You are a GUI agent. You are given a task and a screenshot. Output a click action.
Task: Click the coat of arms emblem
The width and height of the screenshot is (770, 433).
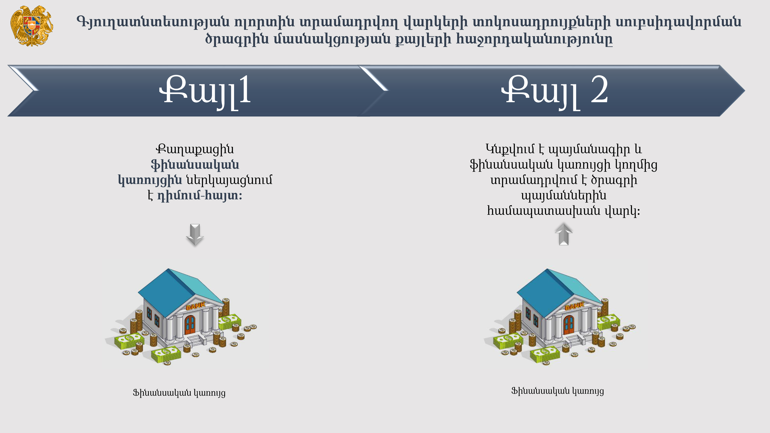coord(32,26)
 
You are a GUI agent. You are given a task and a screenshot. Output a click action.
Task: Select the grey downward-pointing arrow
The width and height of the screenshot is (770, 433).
coord(195,235)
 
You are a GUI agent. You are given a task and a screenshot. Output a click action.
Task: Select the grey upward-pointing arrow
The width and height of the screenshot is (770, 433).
coord(564,234)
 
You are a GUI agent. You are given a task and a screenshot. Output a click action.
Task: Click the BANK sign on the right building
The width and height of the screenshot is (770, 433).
coord(574,306)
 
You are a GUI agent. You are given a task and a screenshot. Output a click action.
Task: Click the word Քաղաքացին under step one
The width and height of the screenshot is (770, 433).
coord(195,149)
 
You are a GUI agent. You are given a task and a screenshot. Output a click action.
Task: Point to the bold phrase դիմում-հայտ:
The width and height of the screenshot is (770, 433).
coord(200,196)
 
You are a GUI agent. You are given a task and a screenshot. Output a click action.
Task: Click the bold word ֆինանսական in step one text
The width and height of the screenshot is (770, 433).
coord(195,165)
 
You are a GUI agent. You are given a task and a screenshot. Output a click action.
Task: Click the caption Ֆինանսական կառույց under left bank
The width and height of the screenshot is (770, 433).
coord(179,393)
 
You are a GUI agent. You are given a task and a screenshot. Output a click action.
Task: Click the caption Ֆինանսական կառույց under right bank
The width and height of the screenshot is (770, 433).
coord(557,391)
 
